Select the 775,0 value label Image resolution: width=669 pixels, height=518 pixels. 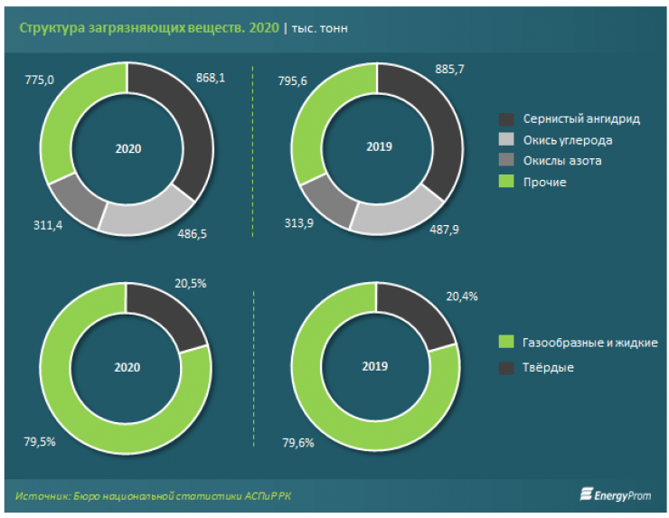coord(39,80)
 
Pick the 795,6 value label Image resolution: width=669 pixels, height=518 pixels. coord(287,80)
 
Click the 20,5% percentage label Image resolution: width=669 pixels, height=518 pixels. coord(190,283)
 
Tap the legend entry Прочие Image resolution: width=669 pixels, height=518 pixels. coord(532,183)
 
